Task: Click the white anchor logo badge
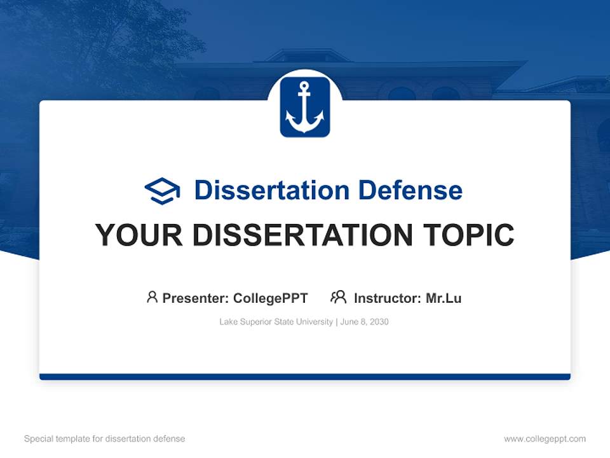305,107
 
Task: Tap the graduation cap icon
162,190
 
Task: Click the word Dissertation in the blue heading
271,190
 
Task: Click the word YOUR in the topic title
139,235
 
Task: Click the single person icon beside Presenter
152,297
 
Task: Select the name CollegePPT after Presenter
271,298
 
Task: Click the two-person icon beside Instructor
338,297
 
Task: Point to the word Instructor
386,298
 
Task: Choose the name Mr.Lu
444,298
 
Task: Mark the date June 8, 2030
364,322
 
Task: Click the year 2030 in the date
378,322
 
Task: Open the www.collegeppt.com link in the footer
545,439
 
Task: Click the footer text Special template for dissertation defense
104,439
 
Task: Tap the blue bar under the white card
305,377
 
